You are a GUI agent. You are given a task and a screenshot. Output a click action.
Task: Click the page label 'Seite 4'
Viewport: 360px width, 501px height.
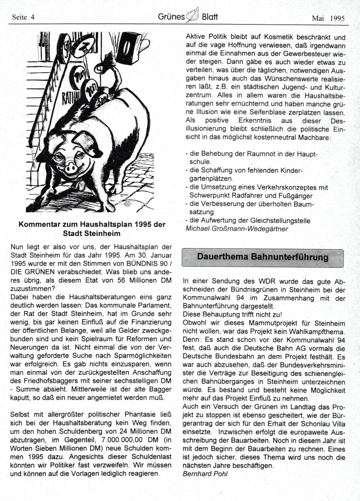[23, 17]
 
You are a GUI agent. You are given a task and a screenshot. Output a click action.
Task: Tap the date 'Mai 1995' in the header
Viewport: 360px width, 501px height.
[328, 18]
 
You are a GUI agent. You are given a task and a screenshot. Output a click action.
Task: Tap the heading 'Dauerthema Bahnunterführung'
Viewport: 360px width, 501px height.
[263, 257]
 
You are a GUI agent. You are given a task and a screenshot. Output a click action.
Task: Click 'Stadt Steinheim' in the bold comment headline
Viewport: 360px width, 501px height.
[92, 234]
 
